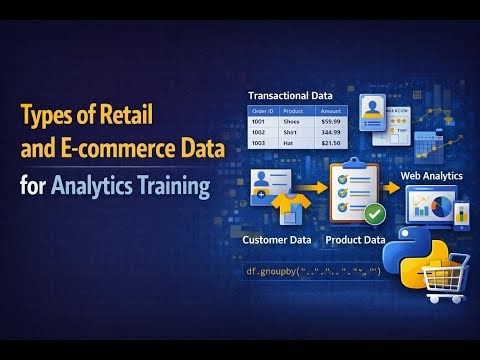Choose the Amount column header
pyautogui.click(x=330, y=111)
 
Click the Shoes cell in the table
pyautogui.click(x=294, y=123)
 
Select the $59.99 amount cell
pyautogui.click(x=330, y=123)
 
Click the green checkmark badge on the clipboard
pyautogui.click(x=374, y=213)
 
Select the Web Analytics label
pyautogui.click(x=434, y=176)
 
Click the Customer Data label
pyautogui.click(x=276, y=240)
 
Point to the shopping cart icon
pyautogui.click(x=446, y=277)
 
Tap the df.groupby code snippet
pyautogui.click(x=313, y=271)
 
